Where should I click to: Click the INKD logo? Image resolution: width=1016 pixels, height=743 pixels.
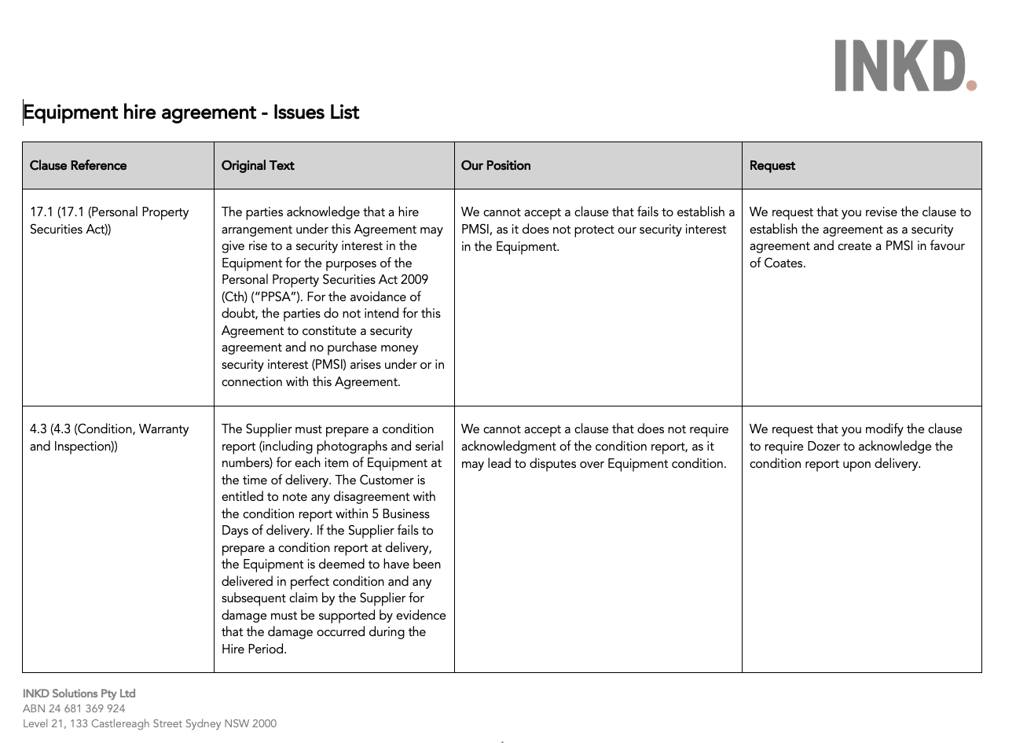click(904, 66)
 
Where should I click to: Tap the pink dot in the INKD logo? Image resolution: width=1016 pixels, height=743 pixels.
click(971, 85)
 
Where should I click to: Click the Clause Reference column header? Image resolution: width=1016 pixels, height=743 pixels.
click(78, 165)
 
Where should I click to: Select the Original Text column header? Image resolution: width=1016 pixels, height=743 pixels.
click(258, 165)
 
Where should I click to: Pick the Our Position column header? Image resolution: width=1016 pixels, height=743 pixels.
click(496, 165)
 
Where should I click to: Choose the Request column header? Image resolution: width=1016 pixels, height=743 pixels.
click(772, 165)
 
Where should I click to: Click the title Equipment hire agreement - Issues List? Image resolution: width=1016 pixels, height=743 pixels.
click(191, 112)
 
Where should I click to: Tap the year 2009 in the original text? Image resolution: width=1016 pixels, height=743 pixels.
click(413, 280)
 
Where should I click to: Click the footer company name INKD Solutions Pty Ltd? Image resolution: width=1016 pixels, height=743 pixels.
click(79, 693)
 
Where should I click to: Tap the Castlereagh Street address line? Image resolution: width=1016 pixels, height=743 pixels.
click(149, 723)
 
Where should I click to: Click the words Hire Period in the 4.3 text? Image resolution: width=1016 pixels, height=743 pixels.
click(253, 649)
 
